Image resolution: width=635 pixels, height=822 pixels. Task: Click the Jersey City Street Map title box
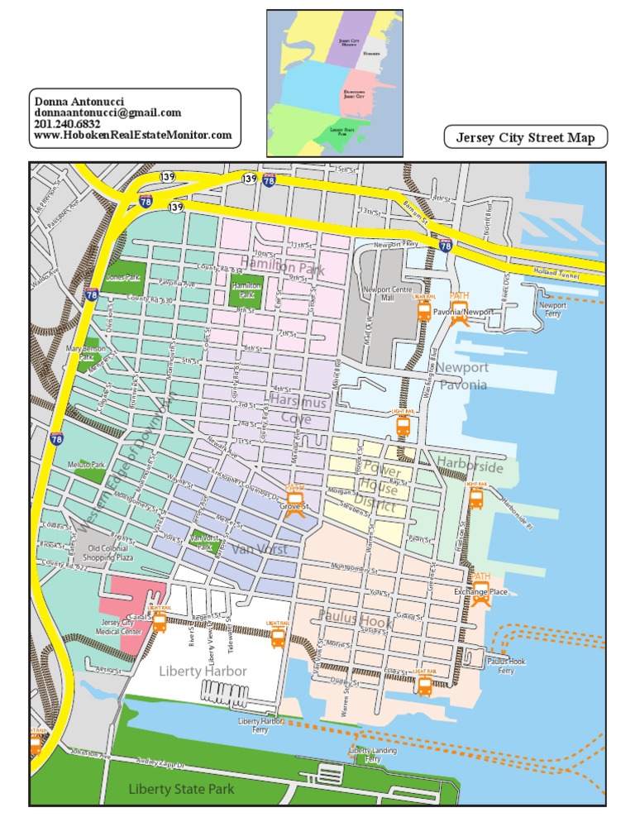[x=526, y=138]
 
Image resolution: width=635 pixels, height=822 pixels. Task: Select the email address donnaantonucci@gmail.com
[x=107, y=112]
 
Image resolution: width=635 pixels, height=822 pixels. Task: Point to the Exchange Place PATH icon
[x=480, y=590]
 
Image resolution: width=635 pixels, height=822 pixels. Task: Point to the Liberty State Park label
[x=182, y=790]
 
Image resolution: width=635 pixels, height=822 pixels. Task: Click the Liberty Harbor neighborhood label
[x=203, y=671]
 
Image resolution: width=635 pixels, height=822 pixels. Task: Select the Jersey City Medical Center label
[x=122, y=627]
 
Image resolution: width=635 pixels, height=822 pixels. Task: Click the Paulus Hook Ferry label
[x=505, y=667]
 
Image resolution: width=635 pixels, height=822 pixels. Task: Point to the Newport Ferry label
[x=552, y=309]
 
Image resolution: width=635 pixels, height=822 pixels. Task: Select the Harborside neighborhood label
[x=470, y=467]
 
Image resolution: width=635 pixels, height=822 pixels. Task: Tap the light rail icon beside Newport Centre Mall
[x=424, y=309]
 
